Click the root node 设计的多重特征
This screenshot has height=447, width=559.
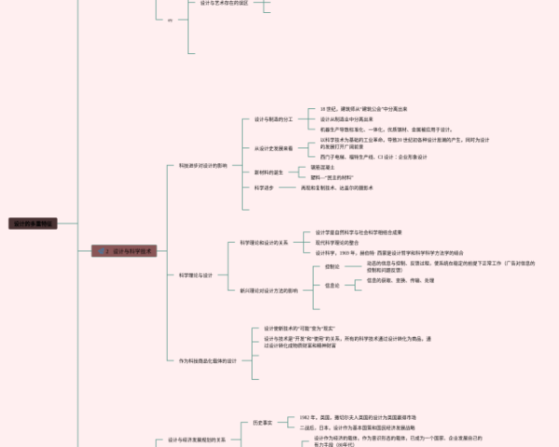pyautogui.click(x=34, y=223)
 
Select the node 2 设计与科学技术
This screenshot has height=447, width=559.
pyautogui.click(x=128, y=251)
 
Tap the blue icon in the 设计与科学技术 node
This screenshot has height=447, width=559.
pyautogui.click(x=102, y=251)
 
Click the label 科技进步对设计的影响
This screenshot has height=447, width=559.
pyautogui.click(x=202, y=165)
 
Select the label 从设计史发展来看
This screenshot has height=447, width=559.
pyautogui.click(x=274, y=148)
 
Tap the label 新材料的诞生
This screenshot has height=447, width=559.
pyautogui.click(x=270, y=171)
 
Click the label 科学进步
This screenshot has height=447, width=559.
pyautogui.click(x=264, y=187)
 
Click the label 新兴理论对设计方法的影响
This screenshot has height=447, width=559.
pyautogui.click(x=269, y=291)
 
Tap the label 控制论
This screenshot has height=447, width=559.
pyautogui.click(x=333, y=266)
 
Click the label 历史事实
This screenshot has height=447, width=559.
pyautogui.click(x=264, y=422)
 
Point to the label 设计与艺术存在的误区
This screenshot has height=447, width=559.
pyautogui.click(x=224, y=3)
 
